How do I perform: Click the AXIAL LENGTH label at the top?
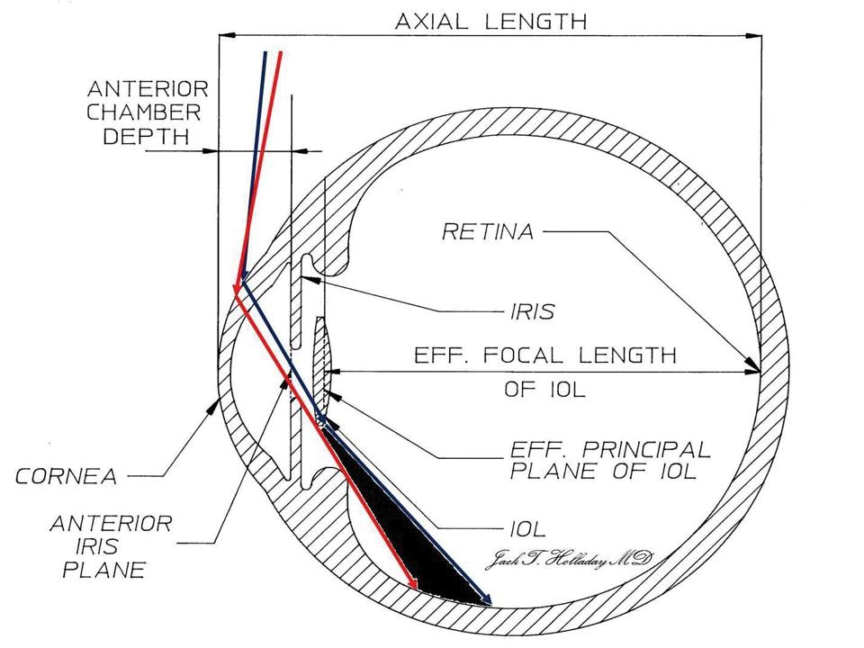[490, 21]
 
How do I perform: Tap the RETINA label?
[488, 231]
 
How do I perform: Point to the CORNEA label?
[67, 476]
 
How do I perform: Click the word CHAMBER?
[143, 112]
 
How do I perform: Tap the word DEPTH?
[147, 136]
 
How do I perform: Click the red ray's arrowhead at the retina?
[415, 588]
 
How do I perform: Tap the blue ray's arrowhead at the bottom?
[487, 599]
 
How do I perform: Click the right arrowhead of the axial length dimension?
[755, 36]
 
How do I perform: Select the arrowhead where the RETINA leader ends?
[754, 368]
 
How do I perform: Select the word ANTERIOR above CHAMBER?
[148, 89]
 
